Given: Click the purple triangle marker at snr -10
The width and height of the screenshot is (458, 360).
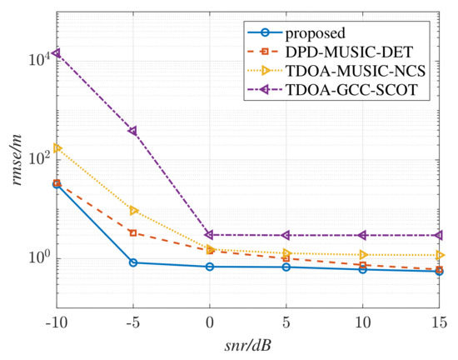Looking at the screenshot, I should click(56, 53).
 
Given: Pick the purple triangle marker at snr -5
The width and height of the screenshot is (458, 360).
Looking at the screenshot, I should click(132, 131).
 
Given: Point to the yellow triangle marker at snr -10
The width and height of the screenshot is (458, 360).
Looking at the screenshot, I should click(56, 147).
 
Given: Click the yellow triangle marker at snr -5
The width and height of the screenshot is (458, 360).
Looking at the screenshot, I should click(132, 210).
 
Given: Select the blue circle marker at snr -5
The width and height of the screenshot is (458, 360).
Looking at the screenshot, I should click(132, 262).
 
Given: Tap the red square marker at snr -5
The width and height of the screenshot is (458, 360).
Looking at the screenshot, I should click(132, 232).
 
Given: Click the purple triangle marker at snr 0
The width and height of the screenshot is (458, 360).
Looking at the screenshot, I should click(210, 235).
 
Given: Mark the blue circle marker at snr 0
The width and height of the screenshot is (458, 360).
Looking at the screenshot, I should click(210, 267).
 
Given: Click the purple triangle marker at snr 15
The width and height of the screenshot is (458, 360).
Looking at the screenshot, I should click(440, 236).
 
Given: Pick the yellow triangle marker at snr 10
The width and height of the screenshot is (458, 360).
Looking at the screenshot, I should click(363, 254).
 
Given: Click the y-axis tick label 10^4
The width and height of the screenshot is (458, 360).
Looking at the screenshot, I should click(38, 58).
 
